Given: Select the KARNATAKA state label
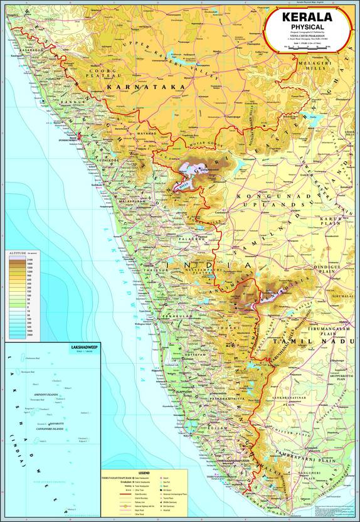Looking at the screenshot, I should point(146,87).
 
